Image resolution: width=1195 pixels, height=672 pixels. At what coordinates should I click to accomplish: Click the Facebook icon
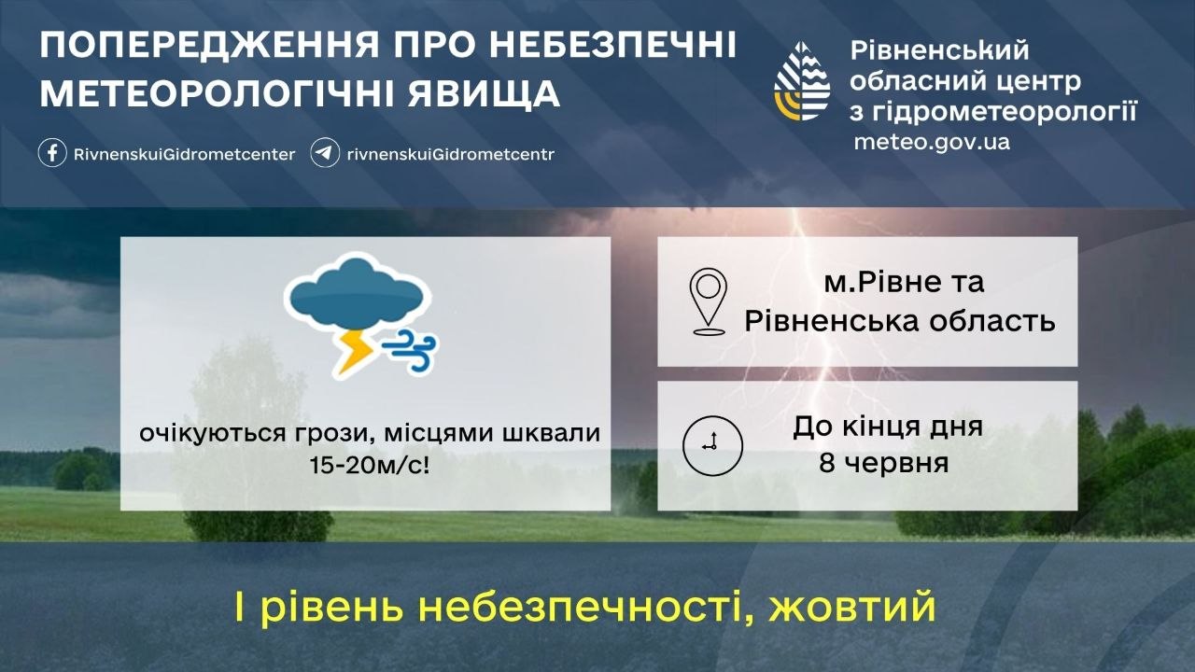tap(52, 154)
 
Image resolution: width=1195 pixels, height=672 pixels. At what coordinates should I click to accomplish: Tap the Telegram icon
tap(325, 154)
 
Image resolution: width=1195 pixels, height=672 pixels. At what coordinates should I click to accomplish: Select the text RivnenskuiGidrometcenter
tap(184, 154)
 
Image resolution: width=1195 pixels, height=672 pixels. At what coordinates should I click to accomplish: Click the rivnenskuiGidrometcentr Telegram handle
tap(451, 154)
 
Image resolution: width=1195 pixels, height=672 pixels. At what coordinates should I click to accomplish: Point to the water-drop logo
tap(801, 81)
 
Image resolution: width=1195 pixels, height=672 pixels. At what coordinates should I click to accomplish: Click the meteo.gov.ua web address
tap(932, 142)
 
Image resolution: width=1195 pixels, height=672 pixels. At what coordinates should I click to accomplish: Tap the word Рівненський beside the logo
tap(939, 50)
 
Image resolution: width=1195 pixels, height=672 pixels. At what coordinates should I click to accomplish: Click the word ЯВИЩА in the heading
tap(484, 93)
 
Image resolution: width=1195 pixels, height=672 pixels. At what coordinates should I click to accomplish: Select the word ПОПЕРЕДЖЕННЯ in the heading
tap(210, 45)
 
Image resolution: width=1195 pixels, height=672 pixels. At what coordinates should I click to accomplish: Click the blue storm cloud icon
tap(358, 295)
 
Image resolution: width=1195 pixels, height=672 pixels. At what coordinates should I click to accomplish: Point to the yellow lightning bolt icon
tap(353, 352)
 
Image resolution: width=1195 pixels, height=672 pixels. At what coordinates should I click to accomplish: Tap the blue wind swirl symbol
tap(410, 349)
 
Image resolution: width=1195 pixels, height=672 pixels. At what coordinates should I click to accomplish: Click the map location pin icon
tap(708, 301)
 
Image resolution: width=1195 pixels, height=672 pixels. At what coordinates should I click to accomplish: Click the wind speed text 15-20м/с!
tap(370, 466)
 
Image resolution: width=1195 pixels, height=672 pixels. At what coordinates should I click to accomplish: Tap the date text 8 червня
tap(884, 463)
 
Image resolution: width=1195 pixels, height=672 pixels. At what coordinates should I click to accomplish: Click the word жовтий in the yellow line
tap(852, 606)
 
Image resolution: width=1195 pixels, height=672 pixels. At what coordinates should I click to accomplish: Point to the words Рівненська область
tap(900, 321)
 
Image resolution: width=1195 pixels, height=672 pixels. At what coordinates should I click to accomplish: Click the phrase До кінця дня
tap(888, 427)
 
